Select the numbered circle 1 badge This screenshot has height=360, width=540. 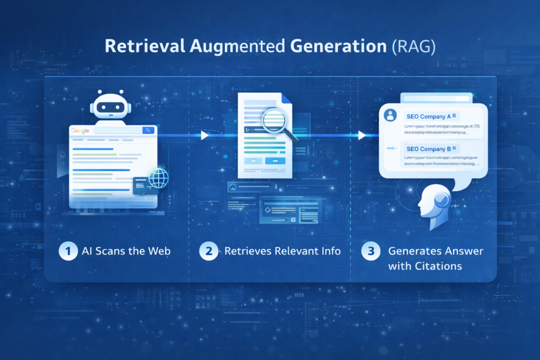tap(68, 251)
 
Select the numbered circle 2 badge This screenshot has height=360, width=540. tap(209, 251)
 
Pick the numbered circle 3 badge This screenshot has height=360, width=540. tap(371, 251)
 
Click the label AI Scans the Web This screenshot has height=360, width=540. tap(126, 251)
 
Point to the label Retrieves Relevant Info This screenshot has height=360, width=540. tap(282, 251)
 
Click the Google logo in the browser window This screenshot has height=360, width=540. tap(80, 131)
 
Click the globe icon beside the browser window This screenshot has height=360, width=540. tap(158, 179)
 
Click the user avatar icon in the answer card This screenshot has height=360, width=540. tap(391, 114)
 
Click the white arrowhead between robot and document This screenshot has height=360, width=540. tap(205, 135)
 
